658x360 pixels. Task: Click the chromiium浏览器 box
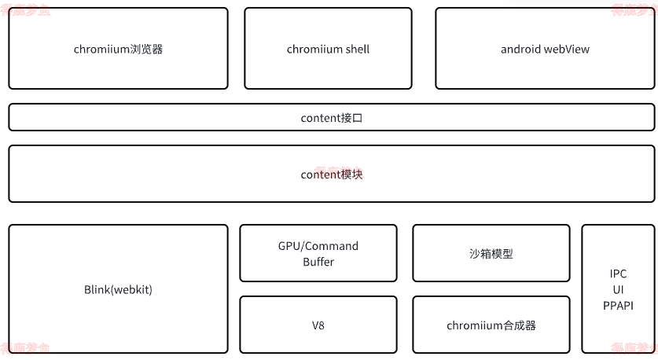pyautogui.click(x=118, y=49)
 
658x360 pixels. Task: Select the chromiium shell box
pyautogui.click(x=328, y=49)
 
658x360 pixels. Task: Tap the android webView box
pyautogui.click(x=545, y=49)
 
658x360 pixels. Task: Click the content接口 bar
pyautogui.click(x=331, y=118)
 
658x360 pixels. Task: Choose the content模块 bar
pyautogui.click(x=331, y=174)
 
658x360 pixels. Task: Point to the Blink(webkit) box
pyautogui.click(x=118, y=289)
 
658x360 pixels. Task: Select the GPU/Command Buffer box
pyautogui.click(x=318, y=253)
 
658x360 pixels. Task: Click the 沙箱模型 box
pyautogui.click(x=491, y=253)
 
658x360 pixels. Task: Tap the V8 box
pyautogui.click(x=318, y=325)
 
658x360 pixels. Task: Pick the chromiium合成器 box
pyautogui.click(x=491, y=325)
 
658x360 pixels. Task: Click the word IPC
pyautogui.click(x=618, y=274)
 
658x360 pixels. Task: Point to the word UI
pyautogui.click(x=618, y=289)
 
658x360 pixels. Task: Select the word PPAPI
pyautogui.click(x=618, y=305)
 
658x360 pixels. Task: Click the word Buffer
pyautogui.click(x=318, y=262)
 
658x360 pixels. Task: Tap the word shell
pyautogui.click(x=355, y=49)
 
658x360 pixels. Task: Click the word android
pyautogui.click(x=520, y=49)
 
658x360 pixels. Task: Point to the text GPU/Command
pyautogui.click(x=318, y=246)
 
